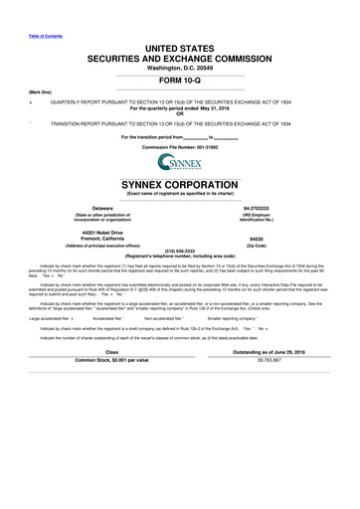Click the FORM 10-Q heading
[x=179, y=82]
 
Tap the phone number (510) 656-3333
[x=180, y=251]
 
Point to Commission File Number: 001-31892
[x=180, y=146]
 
